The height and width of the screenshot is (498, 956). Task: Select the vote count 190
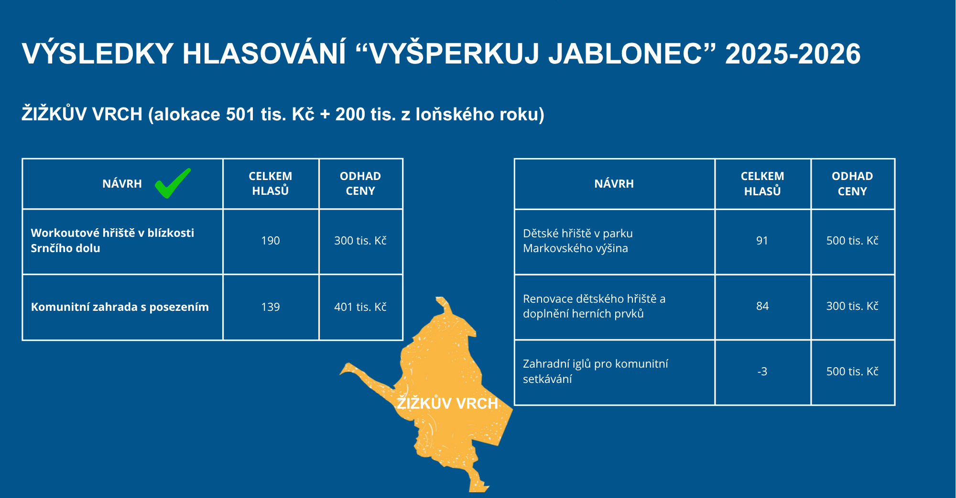(271, 241)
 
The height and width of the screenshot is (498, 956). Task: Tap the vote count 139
(271, 307)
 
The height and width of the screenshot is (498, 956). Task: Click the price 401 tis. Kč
(360, 307)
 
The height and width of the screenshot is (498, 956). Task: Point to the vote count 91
(762, 241)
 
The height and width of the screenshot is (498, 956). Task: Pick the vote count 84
(762, 306)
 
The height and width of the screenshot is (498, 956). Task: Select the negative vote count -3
(762, 371)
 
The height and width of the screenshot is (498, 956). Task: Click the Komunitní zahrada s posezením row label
(120, 307)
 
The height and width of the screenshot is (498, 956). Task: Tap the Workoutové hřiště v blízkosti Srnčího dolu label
(112, 241)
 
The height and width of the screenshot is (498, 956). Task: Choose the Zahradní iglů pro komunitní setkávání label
(595, 371)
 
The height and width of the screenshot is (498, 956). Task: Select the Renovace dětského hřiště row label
(594, 306)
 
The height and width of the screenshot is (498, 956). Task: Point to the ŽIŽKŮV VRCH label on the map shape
(447, 403)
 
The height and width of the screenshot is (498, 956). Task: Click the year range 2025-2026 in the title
(793, 53)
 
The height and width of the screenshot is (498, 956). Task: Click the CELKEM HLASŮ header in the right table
(762, 184)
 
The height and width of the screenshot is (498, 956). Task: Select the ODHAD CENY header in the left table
(360, 183)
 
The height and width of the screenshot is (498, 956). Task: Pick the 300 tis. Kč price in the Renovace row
(852, 306)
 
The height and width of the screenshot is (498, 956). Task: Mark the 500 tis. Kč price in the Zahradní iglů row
(852, 371)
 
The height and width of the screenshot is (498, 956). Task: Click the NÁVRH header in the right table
(614, 184)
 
